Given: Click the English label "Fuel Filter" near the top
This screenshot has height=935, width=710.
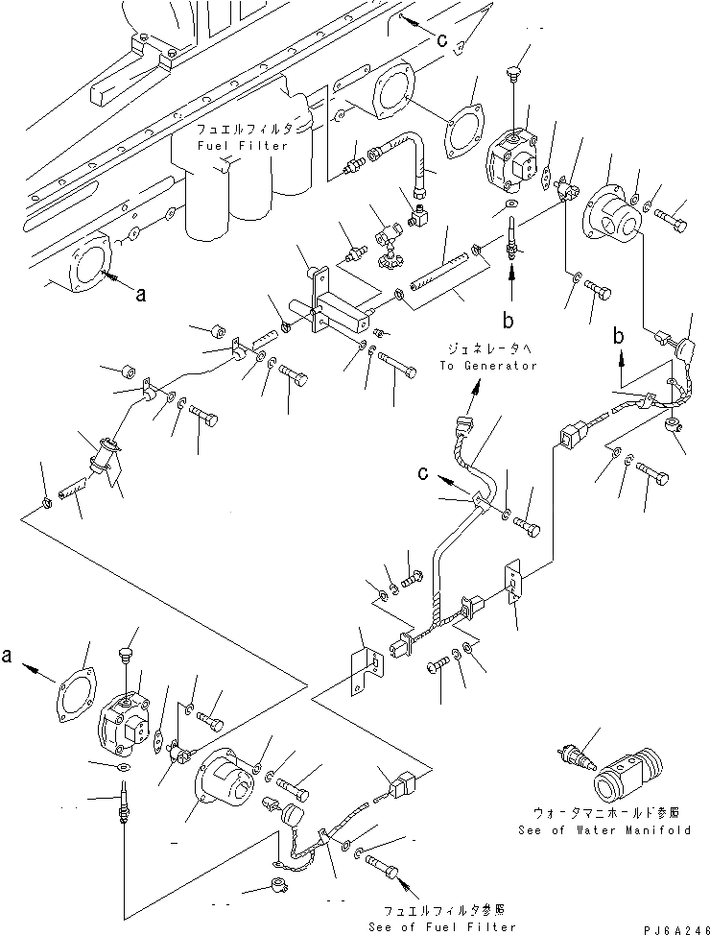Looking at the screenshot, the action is click(243, 146).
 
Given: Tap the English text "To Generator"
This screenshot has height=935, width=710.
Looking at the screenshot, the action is click(488, 366).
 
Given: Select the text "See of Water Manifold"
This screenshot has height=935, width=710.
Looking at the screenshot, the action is click(604, 830).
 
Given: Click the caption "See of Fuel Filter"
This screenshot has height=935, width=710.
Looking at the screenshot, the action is click(441, 926).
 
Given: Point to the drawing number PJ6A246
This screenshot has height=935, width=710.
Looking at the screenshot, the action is click(676, 929).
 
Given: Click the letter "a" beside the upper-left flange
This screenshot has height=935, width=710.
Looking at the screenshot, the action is click(141, 294).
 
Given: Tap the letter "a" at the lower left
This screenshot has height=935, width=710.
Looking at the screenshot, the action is click(7, 656).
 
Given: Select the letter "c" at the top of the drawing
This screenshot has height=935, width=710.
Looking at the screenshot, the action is click(441, 40).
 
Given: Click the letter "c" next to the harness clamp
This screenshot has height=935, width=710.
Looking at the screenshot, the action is click(423, 473).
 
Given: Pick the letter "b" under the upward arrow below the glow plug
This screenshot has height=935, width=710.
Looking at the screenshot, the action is click(508, 321).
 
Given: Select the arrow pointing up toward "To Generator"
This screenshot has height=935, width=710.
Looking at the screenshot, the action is click(470, 397).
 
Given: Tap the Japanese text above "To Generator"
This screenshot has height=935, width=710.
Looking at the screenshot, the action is click(488, 348).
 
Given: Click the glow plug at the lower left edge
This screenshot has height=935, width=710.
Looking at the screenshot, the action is click(124, 802).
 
